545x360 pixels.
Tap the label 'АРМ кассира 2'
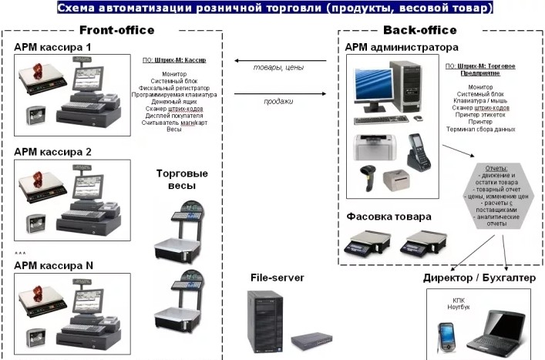52,151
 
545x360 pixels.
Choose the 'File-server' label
277,278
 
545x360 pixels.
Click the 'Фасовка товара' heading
389,217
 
